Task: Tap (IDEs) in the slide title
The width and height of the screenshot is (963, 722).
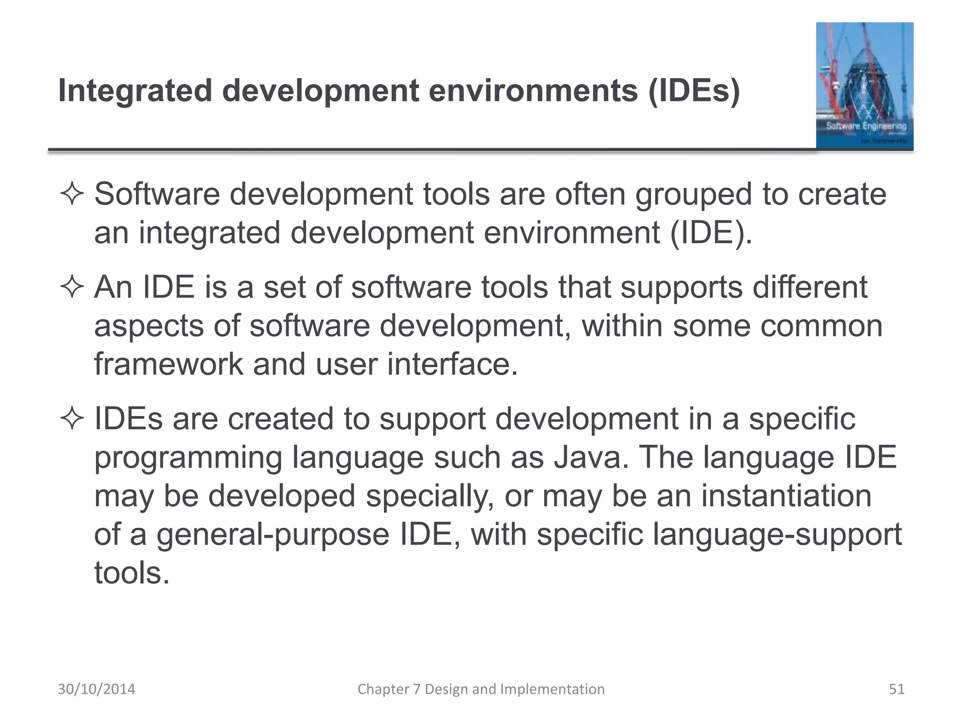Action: coord(694,91)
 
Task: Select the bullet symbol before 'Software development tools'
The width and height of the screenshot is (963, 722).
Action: coord(72,195)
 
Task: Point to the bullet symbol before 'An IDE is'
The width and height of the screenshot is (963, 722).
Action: coord(72,287)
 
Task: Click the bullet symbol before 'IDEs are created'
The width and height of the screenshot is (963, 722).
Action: coord(72,419)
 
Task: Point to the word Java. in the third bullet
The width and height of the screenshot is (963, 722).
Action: coord(591,457)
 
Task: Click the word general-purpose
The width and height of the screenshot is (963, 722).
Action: coord(273,534)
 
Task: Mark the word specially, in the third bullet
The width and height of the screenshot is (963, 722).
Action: coord(430,496)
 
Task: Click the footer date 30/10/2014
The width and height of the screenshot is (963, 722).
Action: coord(96,689)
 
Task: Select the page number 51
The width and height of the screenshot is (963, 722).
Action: coord(897,689)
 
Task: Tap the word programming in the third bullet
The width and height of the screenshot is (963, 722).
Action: coord(188,458)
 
